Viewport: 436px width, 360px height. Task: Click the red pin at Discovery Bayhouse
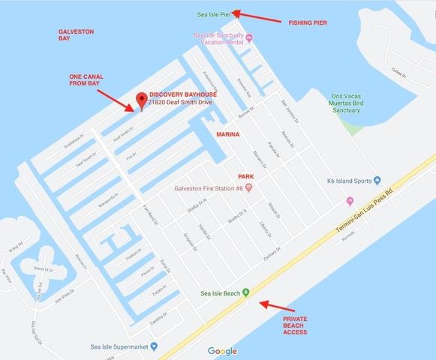(x=139, y=100)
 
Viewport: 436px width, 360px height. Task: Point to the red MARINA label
(x=227, y=134)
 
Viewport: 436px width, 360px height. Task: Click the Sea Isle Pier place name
(x=214, y=13)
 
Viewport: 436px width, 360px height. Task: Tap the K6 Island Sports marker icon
(x=378, y=181)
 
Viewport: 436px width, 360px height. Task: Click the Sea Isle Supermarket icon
(x=153, y=346)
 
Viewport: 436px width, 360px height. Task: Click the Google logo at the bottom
(x=222, y=351)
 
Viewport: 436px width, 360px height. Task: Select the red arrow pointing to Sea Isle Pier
(x=257, y=16)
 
